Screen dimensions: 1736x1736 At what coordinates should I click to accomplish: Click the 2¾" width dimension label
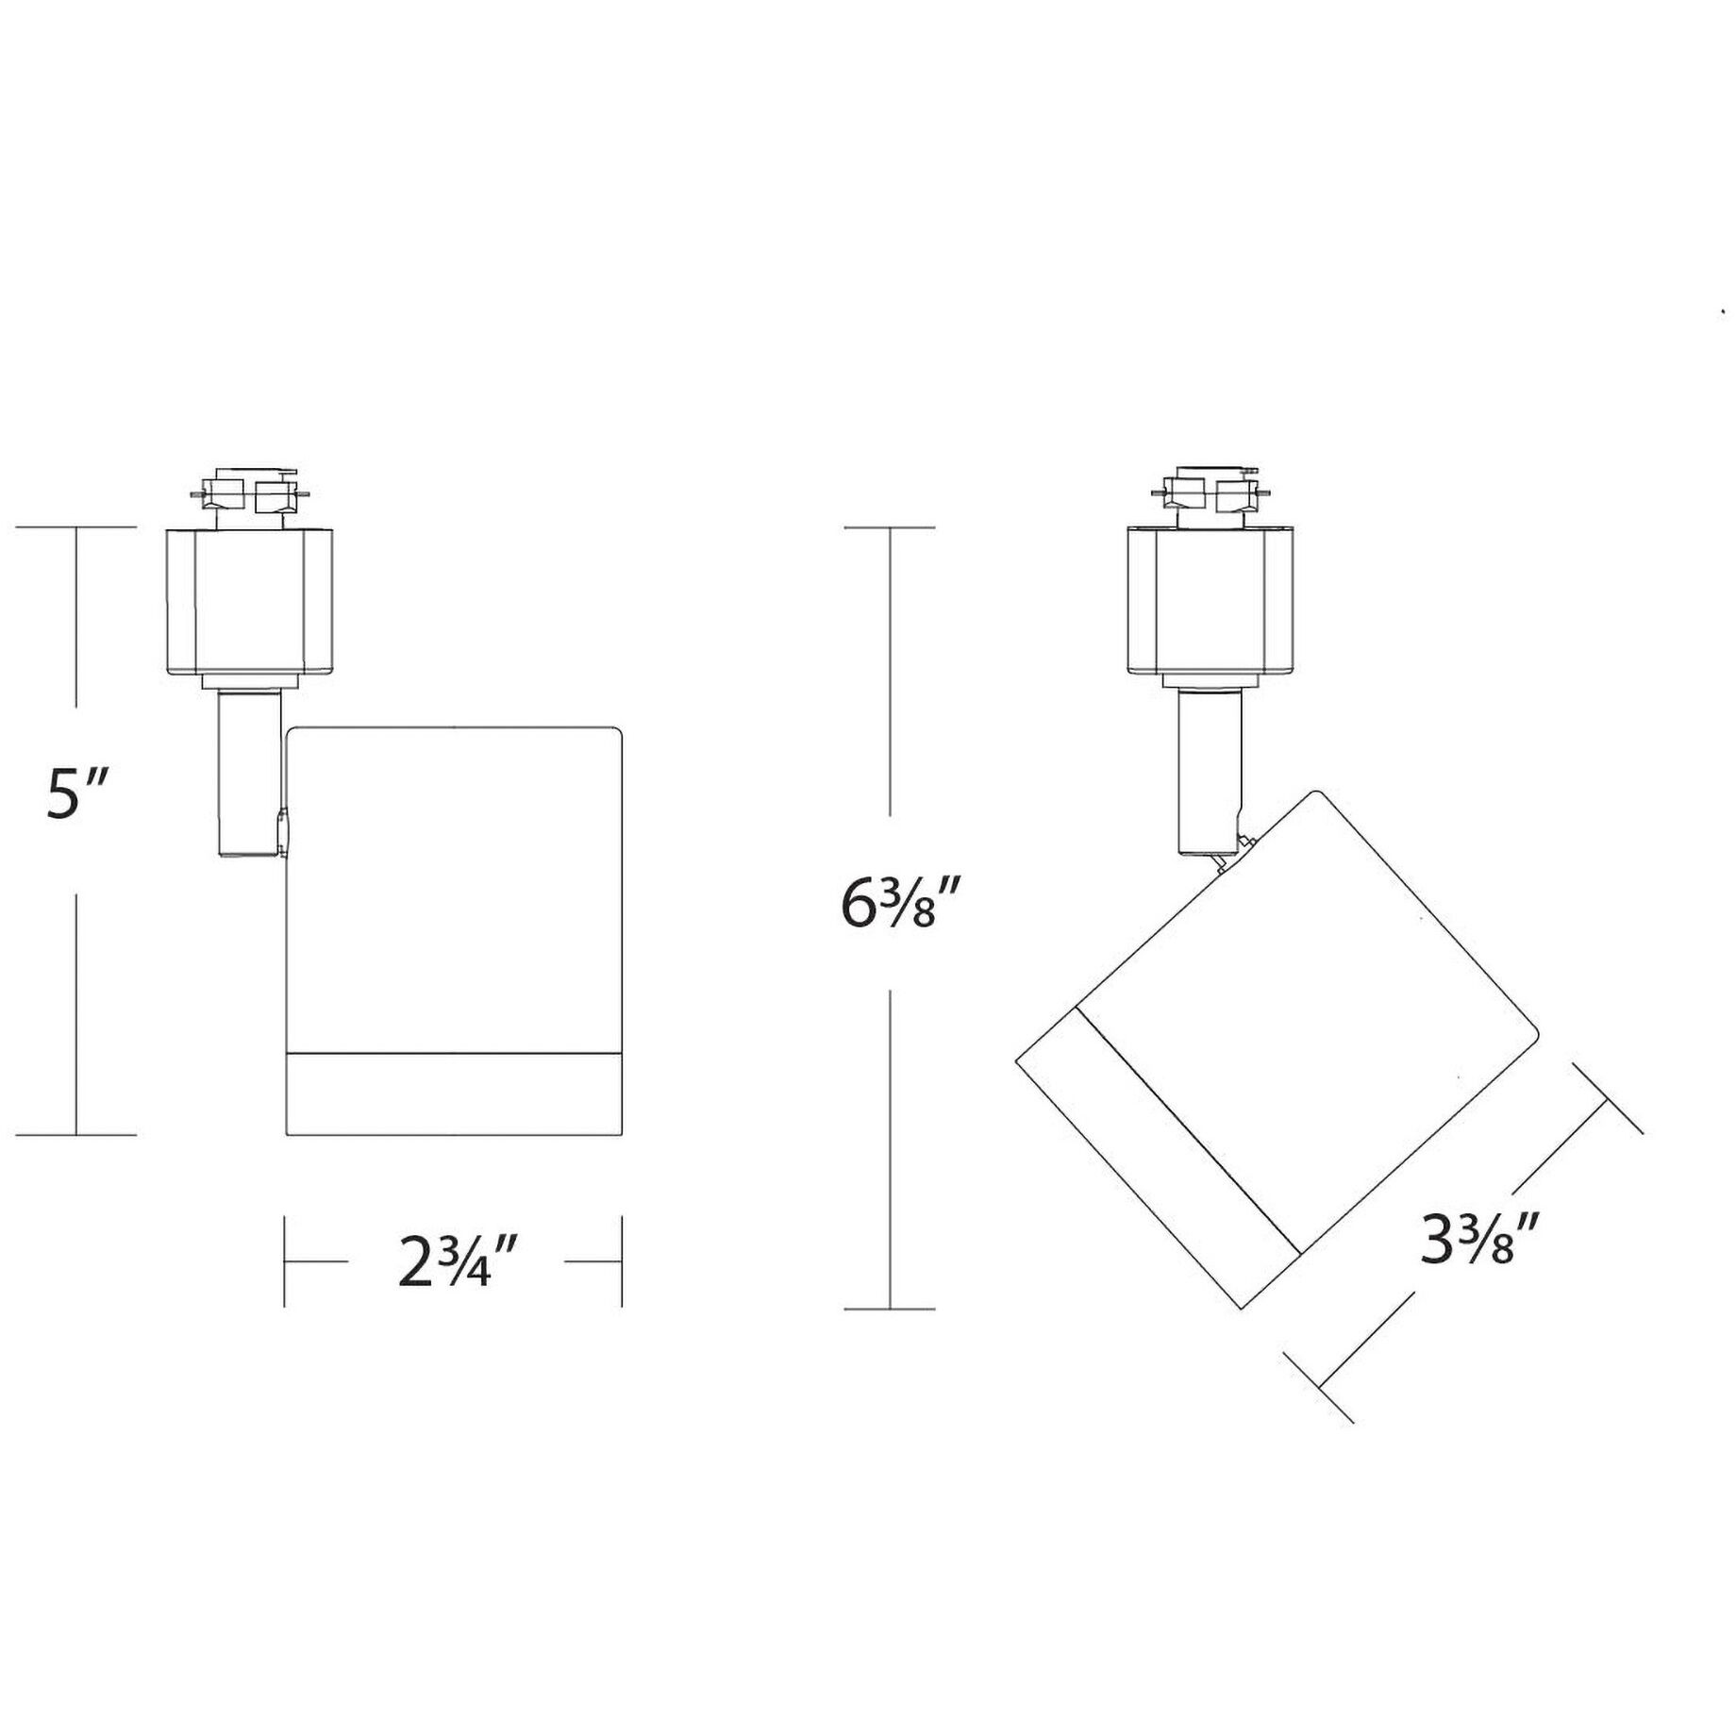[459, 1261]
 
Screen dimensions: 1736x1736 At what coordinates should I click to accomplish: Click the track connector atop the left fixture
[249, 494]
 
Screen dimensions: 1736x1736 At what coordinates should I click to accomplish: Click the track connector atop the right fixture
[1211, 494]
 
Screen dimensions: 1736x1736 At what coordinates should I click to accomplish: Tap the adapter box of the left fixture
[249, 602]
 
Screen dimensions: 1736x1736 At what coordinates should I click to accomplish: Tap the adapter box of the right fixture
[1210, 602]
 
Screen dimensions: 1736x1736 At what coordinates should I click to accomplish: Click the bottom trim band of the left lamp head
[454, 1093]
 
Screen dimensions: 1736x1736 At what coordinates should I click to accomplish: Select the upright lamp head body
[454, 887]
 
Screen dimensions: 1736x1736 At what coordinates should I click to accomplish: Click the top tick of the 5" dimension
[76, 526]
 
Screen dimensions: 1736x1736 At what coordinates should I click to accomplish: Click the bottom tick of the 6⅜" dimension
[889, 1309]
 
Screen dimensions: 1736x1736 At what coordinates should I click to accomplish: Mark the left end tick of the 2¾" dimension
[285, 1261]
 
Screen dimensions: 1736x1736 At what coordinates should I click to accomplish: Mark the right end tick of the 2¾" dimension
[622, 1261]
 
